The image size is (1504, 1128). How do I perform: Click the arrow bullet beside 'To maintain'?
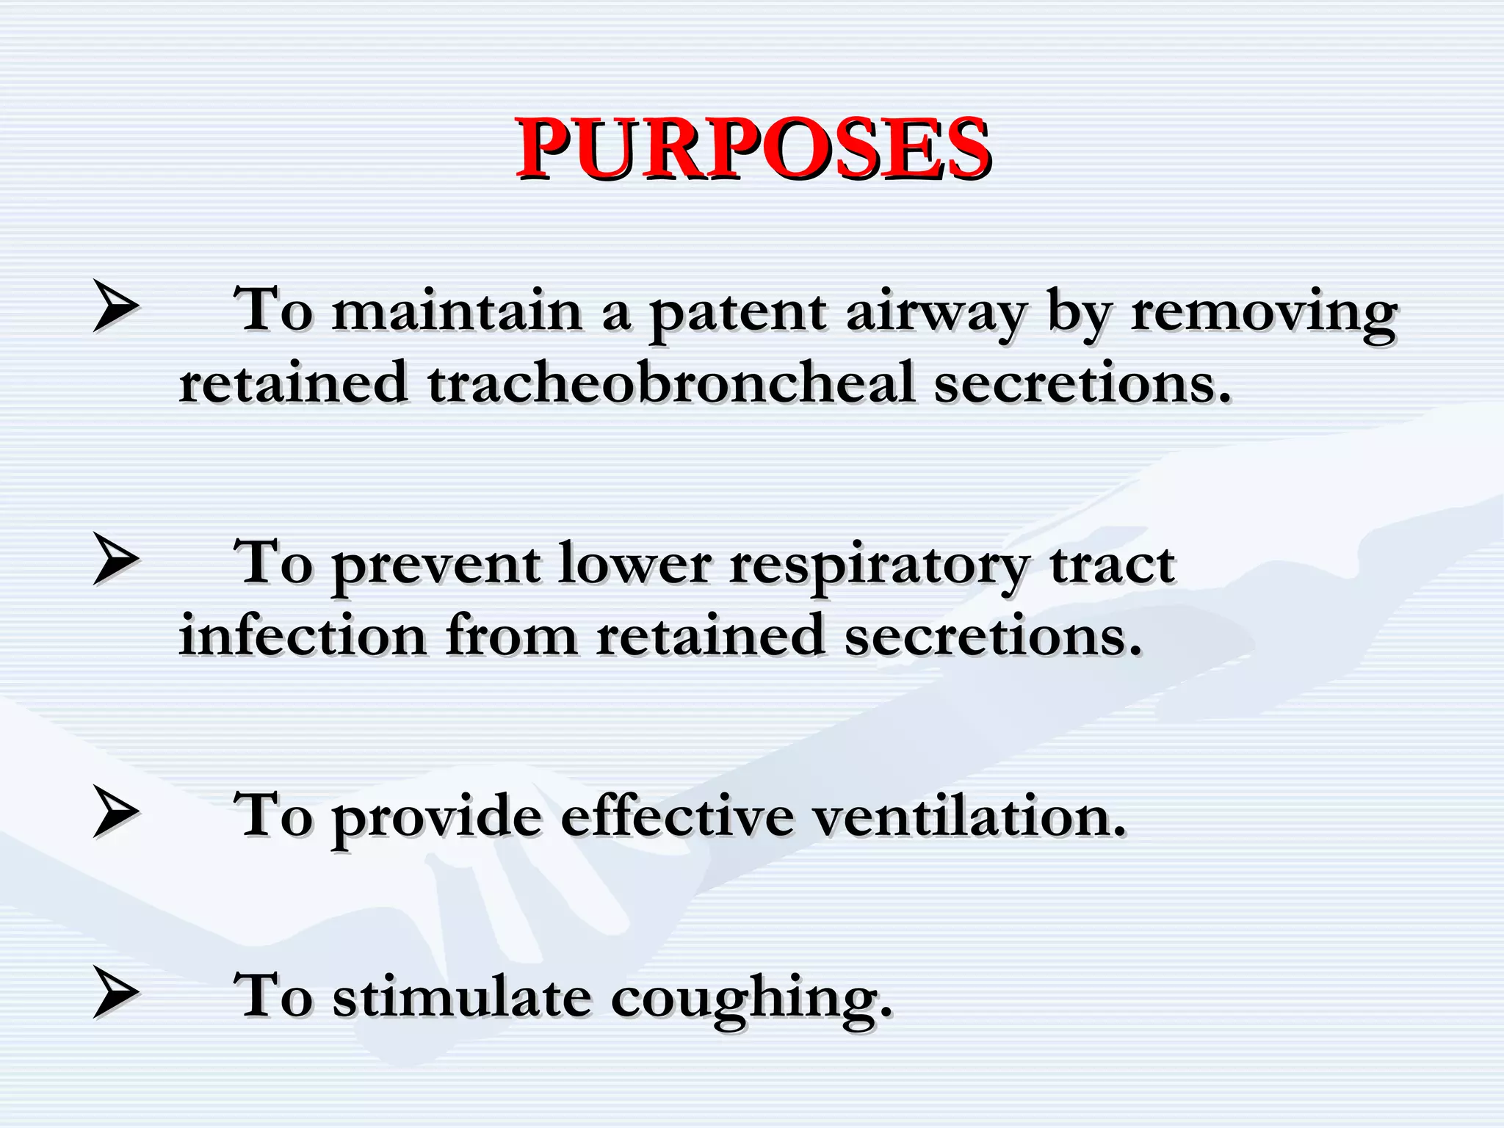116,306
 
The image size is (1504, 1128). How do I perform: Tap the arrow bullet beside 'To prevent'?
116,560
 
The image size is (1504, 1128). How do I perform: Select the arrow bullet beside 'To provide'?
116,812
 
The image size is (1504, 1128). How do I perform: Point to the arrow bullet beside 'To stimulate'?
116,993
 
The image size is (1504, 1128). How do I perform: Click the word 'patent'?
737,312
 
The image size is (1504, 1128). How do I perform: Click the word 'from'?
511,635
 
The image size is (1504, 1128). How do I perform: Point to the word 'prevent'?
436,565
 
